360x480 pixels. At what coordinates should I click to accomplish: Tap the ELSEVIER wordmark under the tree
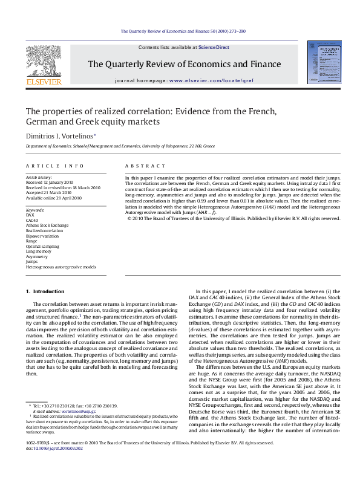43,81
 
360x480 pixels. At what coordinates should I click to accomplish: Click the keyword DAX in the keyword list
30,215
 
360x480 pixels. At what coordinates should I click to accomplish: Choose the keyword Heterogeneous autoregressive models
61,267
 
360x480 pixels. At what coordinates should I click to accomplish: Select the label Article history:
38,177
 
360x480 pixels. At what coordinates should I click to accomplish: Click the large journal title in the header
185,64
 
